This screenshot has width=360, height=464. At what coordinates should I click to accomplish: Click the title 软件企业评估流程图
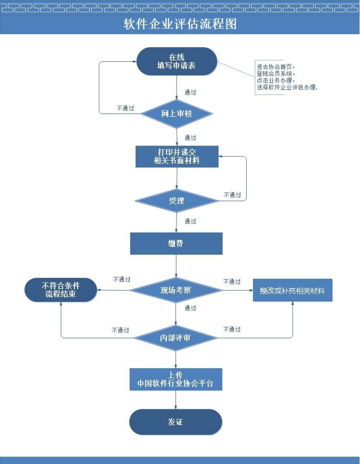(x=180, y=24)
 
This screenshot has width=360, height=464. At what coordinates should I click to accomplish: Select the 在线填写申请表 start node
(x=176, y=61)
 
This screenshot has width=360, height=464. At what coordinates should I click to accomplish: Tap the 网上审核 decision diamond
(x=176, y=114)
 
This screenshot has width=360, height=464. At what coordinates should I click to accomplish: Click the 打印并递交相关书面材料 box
(x=176, y=156)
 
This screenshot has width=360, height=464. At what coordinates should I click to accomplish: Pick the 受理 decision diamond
(x=176, y=201)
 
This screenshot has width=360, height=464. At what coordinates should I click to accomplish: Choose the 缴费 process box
(x=176, y=243)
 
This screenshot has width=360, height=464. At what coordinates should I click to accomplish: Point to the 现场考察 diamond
(x=176, y=290)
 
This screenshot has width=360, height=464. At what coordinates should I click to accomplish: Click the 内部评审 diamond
(x=175, y=338)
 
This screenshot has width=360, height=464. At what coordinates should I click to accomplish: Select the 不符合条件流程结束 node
(x=60, y=290)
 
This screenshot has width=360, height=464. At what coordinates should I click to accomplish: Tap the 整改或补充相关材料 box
(x=293, y=290)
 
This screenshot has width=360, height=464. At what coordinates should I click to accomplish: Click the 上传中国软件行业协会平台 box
(x=176, y=379)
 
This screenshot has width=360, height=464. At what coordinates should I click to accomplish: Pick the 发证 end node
(x=176, y=422)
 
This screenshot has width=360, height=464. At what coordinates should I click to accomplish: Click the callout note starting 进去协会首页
(x=287, y=77)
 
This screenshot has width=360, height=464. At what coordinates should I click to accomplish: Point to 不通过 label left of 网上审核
(x=125, y=108)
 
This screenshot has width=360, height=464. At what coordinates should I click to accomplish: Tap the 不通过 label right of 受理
(x=232, y=195)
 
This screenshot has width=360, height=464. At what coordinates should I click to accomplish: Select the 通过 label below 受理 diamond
(x=190, y=221)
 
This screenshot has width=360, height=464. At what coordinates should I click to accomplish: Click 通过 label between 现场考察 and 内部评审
(x=190, y=308)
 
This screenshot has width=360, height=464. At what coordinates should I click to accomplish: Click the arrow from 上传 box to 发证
(x=176, y=400)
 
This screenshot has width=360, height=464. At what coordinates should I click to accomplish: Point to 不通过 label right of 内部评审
(x=232, y=329)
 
